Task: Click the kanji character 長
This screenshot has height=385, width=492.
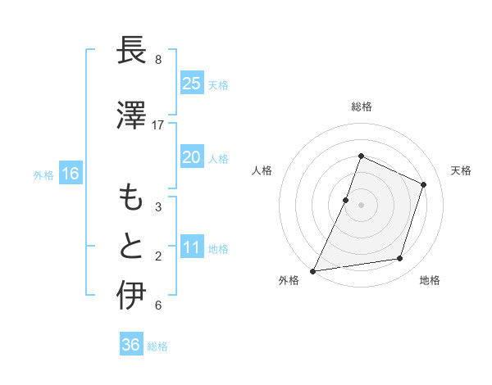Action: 131,51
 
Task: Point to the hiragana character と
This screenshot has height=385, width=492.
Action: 131,246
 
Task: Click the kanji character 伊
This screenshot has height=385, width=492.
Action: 131,295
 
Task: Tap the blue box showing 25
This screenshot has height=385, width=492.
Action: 191,83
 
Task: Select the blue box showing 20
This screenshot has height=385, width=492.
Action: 191,157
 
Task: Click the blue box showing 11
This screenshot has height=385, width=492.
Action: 191,247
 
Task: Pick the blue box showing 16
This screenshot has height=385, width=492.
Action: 71,173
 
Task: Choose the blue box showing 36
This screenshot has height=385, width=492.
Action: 130,345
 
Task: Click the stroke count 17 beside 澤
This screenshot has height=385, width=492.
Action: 158,125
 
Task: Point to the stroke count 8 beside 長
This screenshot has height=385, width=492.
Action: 158,60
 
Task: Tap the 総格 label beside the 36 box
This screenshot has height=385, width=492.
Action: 157,346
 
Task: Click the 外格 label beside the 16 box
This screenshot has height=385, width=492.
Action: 43,174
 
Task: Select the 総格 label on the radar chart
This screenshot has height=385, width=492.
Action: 361,106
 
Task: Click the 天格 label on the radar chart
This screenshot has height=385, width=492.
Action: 461,170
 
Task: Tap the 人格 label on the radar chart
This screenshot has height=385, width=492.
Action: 262,170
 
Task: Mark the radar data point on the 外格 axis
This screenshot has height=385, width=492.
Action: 312,270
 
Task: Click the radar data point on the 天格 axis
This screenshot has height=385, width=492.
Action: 424,184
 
